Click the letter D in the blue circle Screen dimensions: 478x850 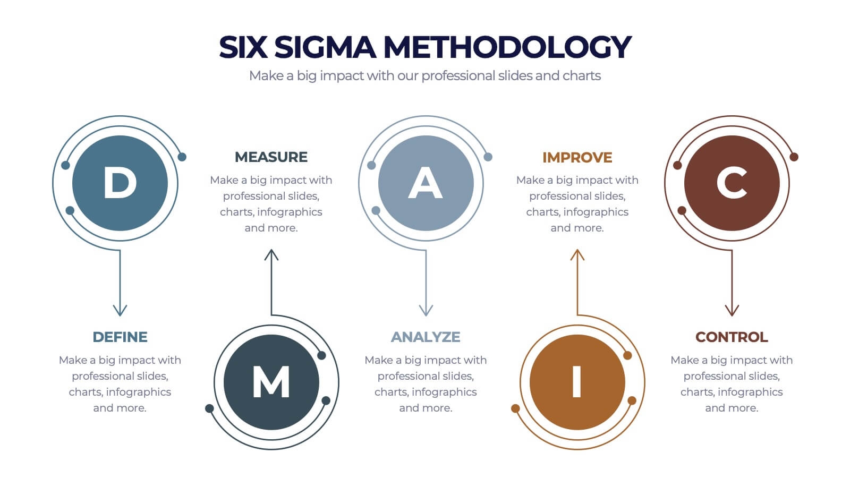(120, 183)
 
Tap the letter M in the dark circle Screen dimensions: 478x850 (271, 382)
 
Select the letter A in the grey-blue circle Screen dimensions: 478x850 (426, 183)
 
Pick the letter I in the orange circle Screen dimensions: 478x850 (577, 382)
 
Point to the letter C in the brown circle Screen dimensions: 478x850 (732, 183)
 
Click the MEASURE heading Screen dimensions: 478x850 (271, 157)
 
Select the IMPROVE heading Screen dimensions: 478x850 (577, 158)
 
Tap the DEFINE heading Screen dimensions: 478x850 (120, 337)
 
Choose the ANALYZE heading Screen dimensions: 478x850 (426, 337)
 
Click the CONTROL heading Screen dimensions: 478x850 (732, 337)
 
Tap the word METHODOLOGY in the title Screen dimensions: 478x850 (507, 47)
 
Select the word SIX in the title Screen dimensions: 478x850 (242, 47)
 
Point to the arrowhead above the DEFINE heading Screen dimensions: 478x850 (120, 310)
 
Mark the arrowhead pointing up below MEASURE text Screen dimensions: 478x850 (271, 255)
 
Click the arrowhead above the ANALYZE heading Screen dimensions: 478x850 (426, 310)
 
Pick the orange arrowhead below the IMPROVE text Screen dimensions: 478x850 (577, 255)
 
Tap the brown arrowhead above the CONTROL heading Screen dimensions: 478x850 (732, 310)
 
